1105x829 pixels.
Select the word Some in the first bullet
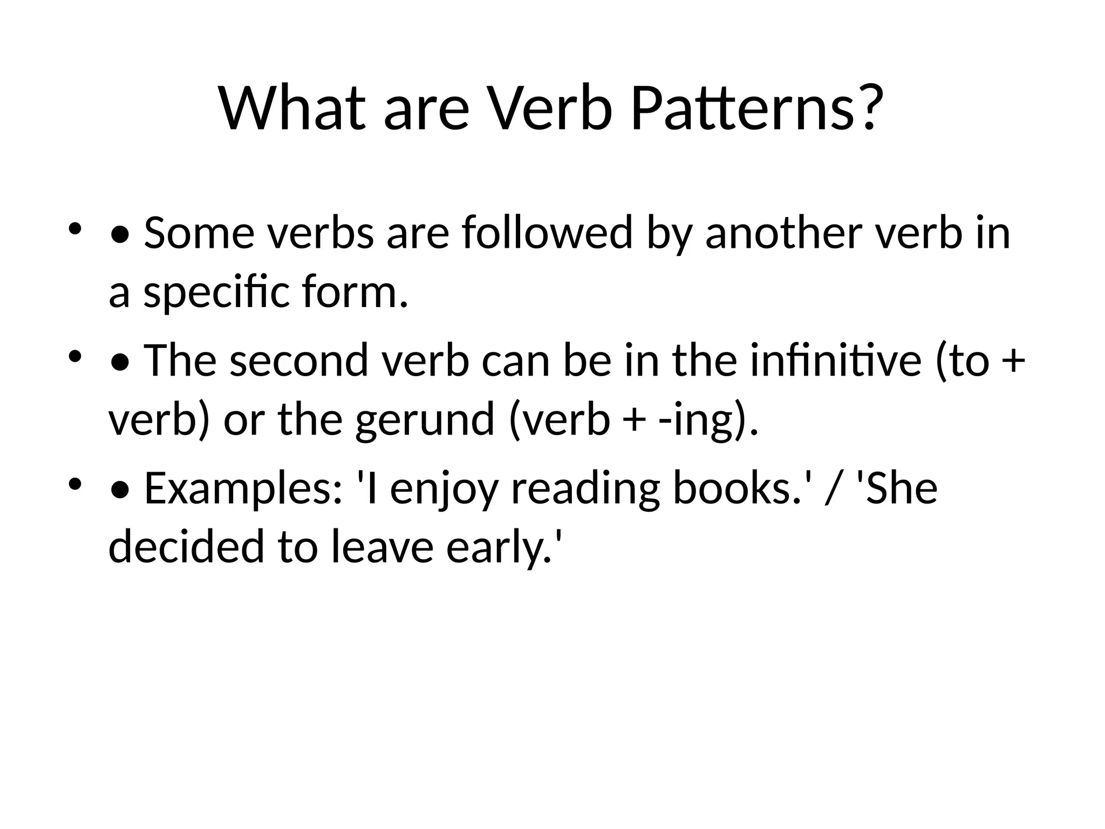(199, 233)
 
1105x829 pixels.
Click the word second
(299, 361)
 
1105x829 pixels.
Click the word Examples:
(243, 489)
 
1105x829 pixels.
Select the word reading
(585, 489)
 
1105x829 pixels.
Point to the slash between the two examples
(833, 489)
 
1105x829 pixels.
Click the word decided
(186, 546)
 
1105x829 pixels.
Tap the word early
(505, 546)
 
